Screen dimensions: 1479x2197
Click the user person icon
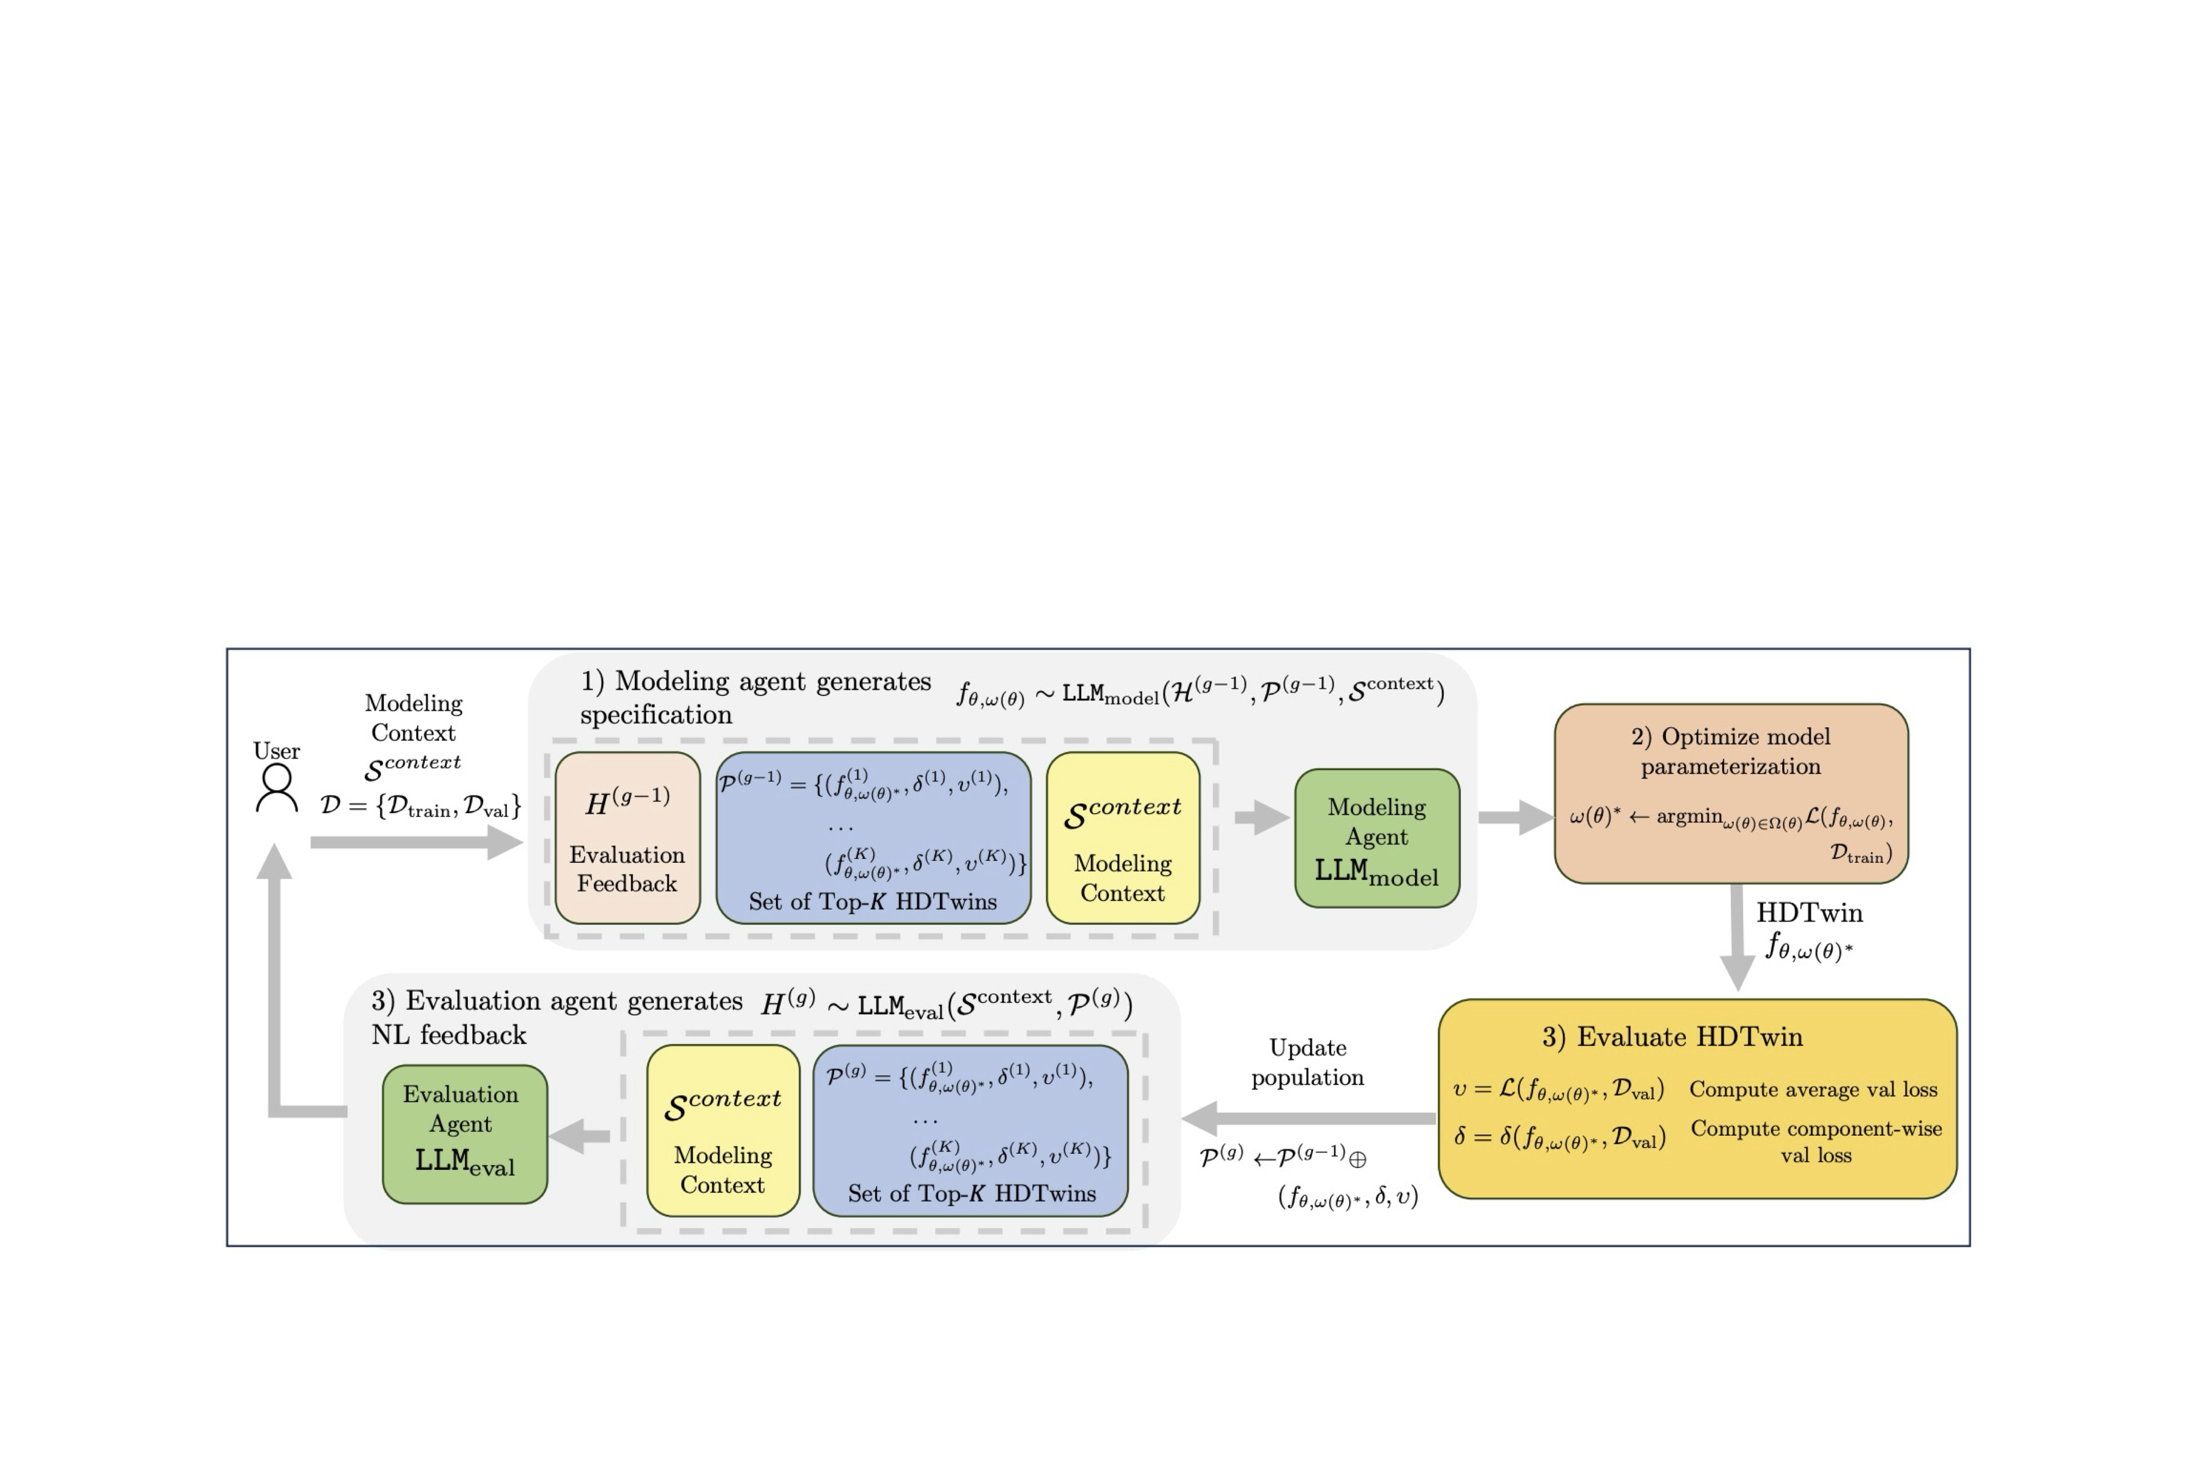pos(277,788)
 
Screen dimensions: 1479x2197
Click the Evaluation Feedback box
pos(628,837)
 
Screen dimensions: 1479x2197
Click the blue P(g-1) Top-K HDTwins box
pos(873,837)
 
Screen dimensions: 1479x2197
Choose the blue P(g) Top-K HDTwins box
pos(970,1130)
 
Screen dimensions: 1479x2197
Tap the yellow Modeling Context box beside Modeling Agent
pos(1123,837)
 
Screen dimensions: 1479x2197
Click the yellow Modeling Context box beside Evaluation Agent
pos(723,1130)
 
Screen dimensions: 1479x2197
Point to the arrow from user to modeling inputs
pos(415,842)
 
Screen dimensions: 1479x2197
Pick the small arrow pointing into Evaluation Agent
pos(579,1136)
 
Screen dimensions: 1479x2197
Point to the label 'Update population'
pos(1307,1062)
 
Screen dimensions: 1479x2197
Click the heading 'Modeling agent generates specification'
pos(755,697)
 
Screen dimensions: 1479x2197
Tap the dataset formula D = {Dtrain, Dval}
pos(420,806)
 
